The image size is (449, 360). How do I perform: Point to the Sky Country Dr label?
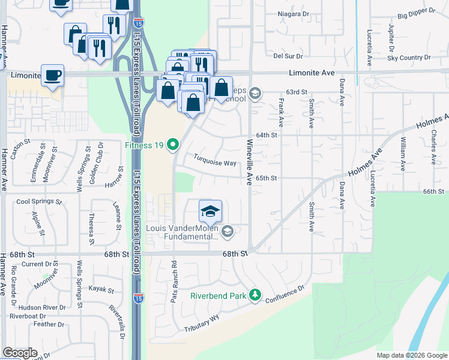coord(409,58)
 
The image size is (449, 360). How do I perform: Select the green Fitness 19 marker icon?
coord(173,144)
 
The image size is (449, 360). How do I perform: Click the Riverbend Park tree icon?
coord(255,295)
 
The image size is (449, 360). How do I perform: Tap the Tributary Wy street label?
coord(202,325)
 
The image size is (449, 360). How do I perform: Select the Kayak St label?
coord(101,290)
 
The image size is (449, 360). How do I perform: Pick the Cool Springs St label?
coord(40,202)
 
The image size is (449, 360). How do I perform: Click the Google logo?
coord(20,353)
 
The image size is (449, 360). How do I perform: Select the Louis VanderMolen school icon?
coord(227,231)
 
